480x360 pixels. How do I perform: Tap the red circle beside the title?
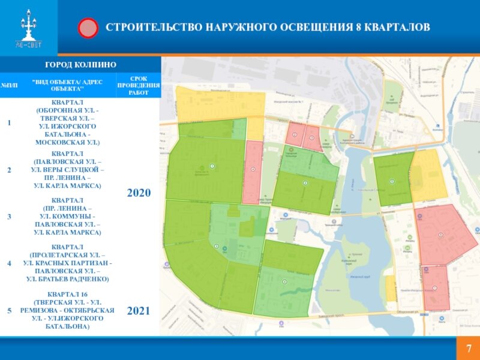[88, 28]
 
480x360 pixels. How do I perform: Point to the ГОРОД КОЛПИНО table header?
[80, 64]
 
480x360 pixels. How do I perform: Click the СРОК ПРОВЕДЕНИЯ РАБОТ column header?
[139, 85]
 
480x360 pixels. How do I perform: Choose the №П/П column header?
[9, 85]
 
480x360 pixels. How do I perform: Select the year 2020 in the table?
[139, 193]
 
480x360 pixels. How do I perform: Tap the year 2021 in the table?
[139, 311]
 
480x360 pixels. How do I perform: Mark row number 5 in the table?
[9, 311]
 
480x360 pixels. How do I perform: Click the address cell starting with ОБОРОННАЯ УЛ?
[67, 123]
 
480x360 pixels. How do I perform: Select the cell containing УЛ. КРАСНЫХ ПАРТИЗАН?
[67, 263]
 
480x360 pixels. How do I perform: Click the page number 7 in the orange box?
[468, 349]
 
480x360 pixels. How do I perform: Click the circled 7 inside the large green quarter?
[211, 166]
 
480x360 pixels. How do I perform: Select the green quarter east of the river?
[393, 178]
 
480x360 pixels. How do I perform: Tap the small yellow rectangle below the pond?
[391, 289]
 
